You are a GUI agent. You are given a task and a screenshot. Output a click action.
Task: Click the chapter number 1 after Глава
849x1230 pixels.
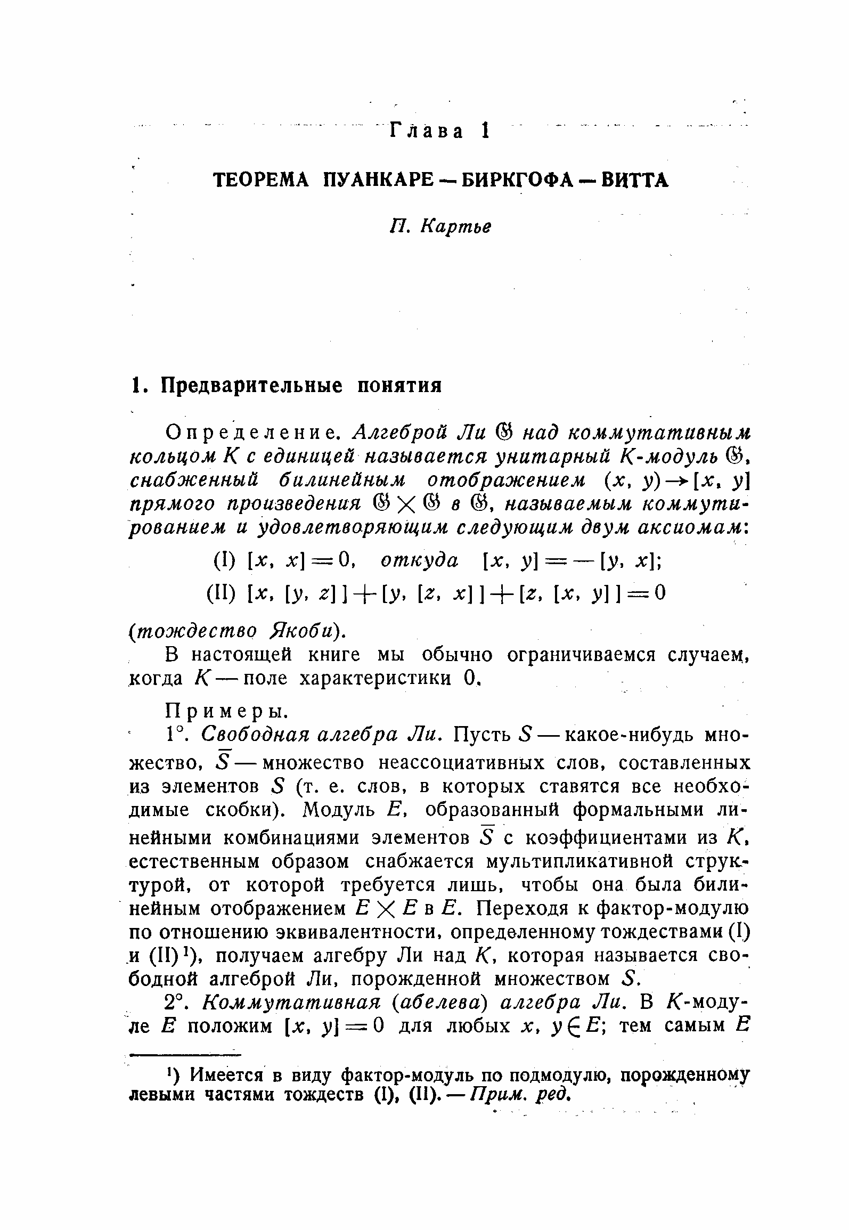tap(484, 131)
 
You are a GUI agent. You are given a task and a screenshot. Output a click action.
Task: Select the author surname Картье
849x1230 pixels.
tap(455, 226)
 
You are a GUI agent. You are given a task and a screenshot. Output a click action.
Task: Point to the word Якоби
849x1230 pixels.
tap(309, 630)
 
